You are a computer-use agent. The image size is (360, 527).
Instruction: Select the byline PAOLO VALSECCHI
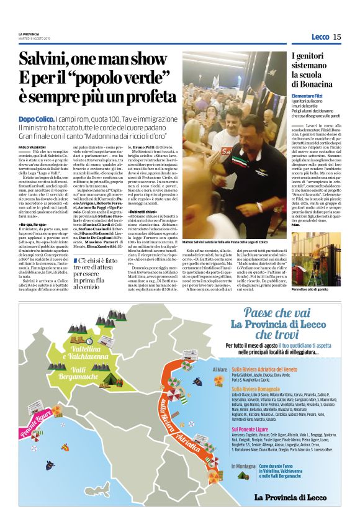pyautogui.click(x=32, y=146)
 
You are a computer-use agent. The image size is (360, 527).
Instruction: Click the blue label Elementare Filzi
pyautogui.click(x=310, y=95)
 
